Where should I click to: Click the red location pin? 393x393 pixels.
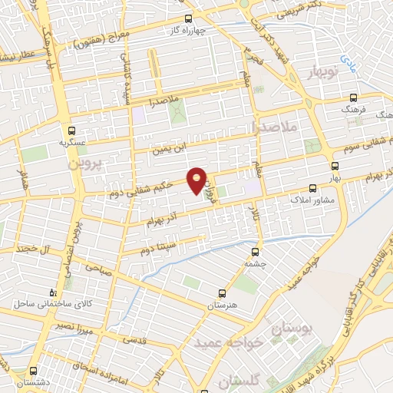(197, 180)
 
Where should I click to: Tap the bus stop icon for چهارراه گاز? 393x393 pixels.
(189, 20)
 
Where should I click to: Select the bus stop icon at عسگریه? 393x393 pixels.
(71, 130)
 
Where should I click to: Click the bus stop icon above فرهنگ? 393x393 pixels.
(354, 97)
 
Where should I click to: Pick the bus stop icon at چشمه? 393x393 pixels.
(255, 250)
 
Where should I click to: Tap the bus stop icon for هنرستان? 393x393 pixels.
(222, 293)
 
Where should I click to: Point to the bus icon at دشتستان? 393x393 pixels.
(33, 370)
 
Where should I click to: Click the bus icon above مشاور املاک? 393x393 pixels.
(312, 187)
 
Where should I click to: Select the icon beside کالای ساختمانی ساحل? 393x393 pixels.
(52, 292)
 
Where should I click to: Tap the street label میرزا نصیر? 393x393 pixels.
(75, 325)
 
